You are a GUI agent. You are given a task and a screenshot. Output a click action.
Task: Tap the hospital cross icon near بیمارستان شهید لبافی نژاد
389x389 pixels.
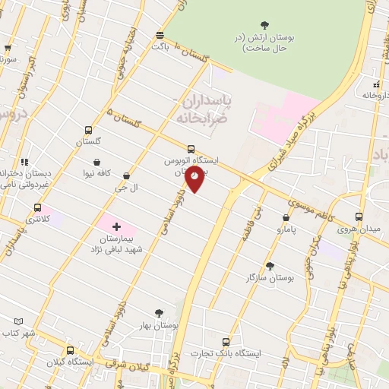tap(115, 226)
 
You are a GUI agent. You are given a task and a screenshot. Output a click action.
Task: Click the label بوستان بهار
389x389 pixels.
tap(160, 324)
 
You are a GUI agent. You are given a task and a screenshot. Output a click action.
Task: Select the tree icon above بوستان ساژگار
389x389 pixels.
tap(270, 267)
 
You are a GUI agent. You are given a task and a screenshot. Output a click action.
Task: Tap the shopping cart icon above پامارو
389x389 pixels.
tap(286, 217)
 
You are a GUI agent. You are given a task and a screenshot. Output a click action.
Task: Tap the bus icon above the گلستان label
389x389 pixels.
tap(89, 130)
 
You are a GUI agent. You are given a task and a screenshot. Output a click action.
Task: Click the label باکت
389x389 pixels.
tap(160, 46)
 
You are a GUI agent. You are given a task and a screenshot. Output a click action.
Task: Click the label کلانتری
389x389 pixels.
tap(36, 219)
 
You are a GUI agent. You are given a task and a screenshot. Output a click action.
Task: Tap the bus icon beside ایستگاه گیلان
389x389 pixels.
tap(70, 351)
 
